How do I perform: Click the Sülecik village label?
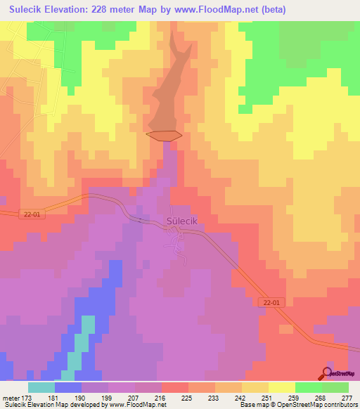click(x=181, y=220)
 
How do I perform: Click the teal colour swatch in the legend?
click(x=41, y=387)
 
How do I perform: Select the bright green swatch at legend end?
click(x=335, y=387)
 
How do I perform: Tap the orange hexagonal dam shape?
click(x=164, y=134)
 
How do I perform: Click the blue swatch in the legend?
click(x=68, y=387)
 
